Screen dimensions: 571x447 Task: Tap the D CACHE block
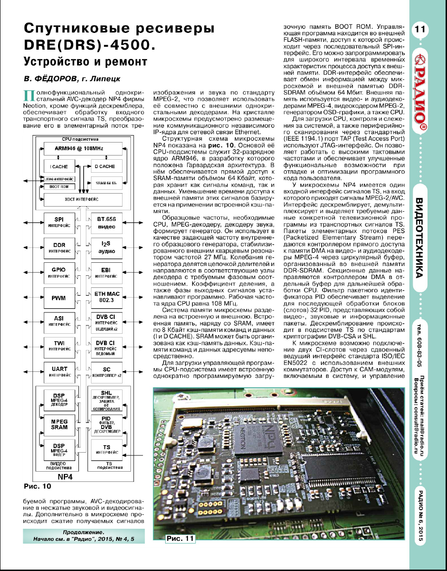104,166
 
